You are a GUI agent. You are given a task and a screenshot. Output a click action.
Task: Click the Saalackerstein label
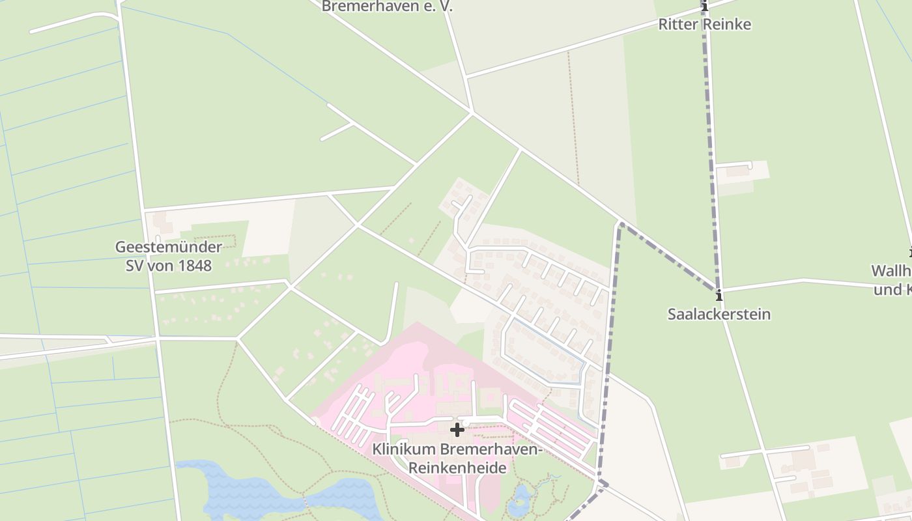(719, 314)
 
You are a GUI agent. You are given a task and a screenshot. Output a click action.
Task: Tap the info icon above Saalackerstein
(719, 295)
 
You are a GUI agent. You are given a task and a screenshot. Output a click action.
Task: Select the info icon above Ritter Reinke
(704, 7)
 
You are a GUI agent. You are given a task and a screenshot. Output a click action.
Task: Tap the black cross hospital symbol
(457, 429)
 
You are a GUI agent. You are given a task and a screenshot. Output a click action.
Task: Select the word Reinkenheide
(457, 468)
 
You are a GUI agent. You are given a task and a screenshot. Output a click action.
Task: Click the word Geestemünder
(168, 247)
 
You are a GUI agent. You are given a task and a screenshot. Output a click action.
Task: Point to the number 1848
(195, 266)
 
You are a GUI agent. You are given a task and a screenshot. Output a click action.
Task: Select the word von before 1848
(162, 266)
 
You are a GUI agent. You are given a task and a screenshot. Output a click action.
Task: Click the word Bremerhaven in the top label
(369, 7)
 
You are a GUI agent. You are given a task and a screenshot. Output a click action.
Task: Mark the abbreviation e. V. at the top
(436, 7)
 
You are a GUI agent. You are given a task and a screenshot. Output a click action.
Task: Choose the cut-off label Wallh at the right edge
(892, 271)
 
